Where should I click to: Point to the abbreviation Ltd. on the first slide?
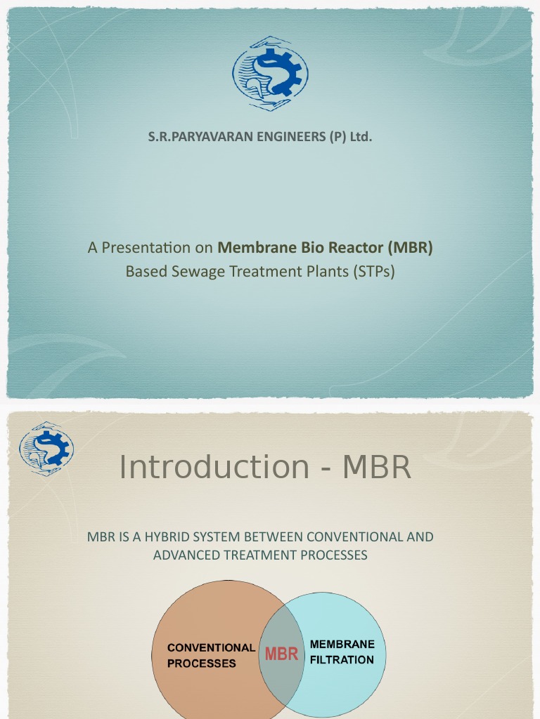point(360,137)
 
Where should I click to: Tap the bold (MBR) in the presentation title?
point(409,248)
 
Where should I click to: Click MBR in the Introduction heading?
point(377,467)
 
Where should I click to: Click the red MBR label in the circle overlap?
point(281,654)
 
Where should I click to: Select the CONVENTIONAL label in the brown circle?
point(211,647)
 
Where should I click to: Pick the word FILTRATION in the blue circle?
point(342,660)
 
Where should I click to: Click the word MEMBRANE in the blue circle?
point(342,644)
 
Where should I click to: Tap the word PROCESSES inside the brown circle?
point(202,664)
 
